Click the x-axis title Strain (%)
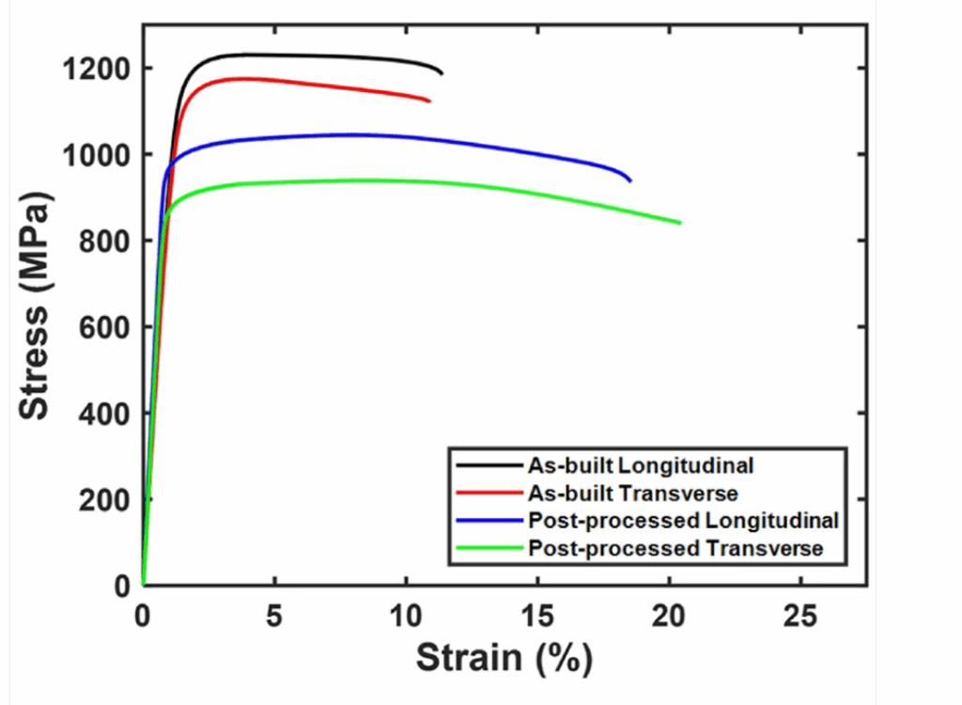point(504,657)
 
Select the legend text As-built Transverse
point(633,493)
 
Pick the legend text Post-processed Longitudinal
point(683,520)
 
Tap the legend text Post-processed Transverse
point(675,548)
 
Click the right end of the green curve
point(679,223)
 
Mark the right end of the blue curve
point(630,180)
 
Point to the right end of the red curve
point(429,101)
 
